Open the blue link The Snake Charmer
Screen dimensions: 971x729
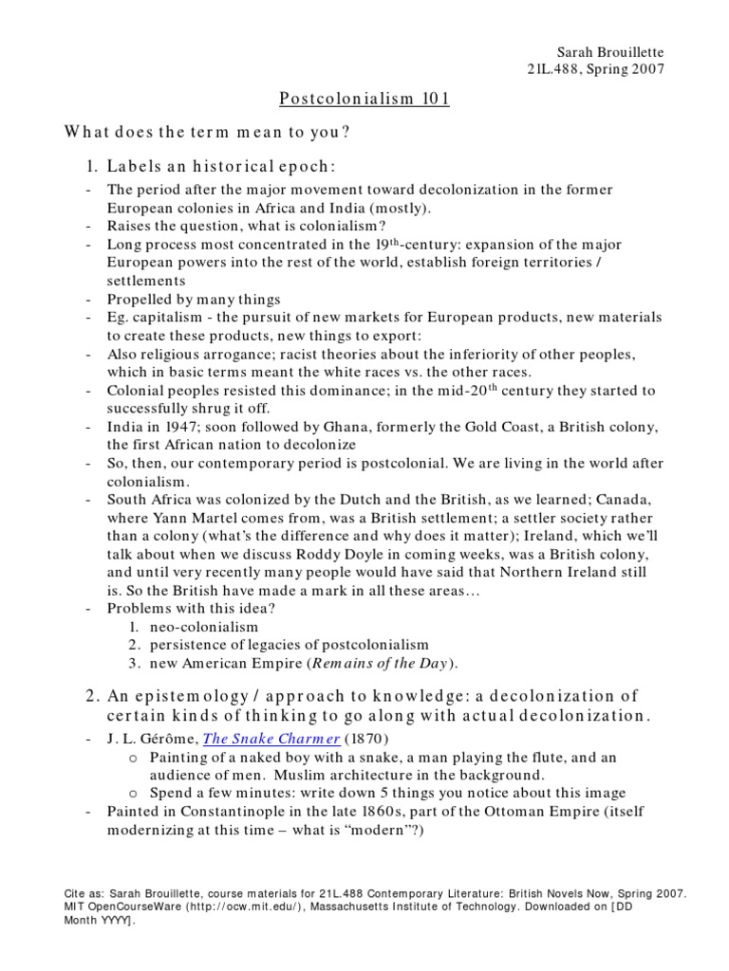pyautogui.click(x=259, y=739)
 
